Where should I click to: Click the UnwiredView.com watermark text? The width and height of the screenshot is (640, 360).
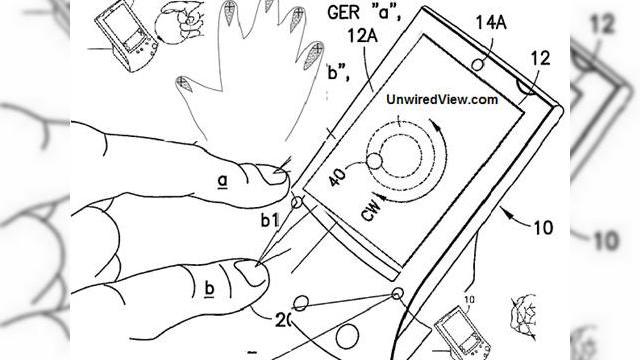pos(441,100)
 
